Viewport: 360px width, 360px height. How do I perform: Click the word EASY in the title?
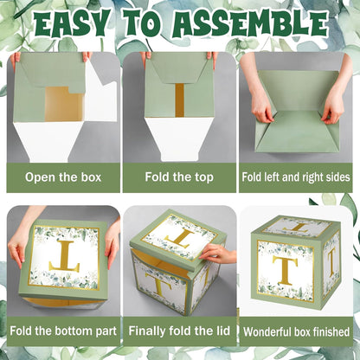point(72,23)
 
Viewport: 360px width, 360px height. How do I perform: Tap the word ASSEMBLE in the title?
point(250,23)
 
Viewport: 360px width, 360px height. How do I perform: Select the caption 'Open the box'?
point(63,177)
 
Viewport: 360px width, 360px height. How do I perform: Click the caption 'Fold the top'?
point(179,177)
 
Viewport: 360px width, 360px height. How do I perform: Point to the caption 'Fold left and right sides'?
point(296,177)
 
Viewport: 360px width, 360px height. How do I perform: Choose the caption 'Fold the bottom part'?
point(63,331)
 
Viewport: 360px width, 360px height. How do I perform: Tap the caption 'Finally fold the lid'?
point(179,331)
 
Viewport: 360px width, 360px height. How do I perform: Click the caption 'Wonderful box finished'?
point(296,331)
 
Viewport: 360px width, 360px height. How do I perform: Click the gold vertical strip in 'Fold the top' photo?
point(179,100)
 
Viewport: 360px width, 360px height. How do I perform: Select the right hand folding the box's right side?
point(336,93)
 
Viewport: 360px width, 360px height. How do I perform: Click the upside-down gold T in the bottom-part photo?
point(65,256)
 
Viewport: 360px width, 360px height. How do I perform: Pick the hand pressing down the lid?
point(217,253)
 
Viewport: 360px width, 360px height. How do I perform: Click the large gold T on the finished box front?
point(285,270)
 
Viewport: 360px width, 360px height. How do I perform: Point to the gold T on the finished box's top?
point(297,227)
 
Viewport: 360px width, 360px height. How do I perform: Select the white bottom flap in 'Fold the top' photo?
point(179,138)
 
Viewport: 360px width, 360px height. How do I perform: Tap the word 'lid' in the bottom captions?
point(223,331)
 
